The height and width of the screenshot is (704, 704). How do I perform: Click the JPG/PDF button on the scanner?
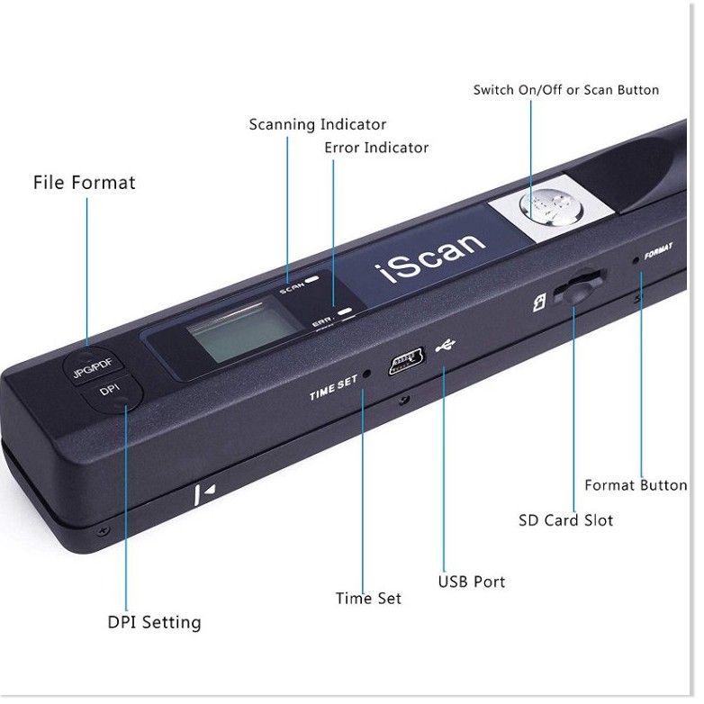[93, 364]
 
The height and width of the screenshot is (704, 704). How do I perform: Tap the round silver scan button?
[551, 205]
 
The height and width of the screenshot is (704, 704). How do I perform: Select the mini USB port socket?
[406, 360]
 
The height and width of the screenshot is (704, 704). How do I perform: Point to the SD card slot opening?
[578, 286]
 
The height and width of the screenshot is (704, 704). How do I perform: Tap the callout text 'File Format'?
[85, 182]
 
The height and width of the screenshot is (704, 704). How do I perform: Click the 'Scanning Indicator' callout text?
[318, 124]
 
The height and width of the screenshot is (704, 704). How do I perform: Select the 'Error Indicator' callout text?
[376, 148]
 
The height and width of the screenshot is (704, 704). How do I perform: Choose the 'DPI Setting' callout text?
[155, 623]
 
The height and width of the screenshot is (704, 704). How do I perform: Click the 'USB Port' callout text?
[472, 582]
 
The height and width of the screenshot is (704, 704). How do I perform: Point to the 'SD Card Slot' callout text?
[565, 520]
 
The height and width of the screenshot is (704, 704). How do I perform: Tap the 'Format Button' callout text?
[636, 485]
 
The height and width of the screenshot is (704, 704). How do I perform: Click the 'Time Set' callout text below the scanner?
[368, 599]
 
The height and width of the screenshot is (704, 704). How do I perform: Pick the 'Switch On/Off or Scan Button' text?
[566, 90]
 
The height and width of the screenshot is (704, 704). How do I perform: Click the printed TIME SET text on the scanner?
[334, 387]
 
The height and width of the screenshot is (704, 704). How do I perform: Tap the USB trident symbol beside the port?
[446, 345]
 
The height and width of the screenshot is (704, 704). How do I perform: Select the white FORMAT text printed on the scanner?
[659, 251]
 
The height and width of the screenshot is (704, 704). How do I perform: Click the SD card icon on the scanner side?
[539, 302]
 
